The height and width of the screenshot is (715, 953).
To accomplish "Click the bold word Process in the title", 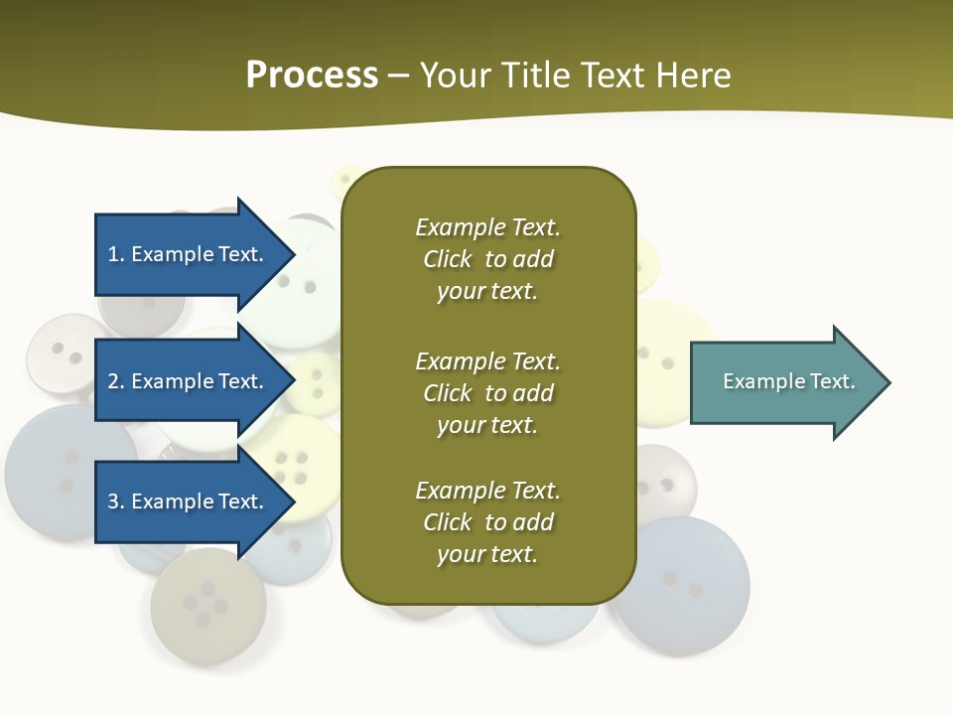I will (x=312, y=75).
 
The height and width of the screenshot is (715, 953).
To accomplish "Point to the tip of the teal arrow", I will (x=887, y=382).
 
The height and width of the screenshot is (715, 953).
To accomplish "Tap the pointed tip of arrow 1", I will (x=292, y=254).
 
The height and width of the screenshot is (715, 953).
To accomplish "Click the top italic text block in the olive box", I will (x=487, y=259).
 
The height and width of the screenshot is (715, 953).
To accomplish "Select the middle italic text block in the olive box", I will (x=487, y=393).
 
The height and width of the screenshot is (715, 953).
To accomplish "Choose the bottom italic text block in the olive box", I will (x=487, y=522).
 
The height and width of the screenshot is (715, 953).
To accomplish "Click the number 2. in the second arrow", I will (x=116, y=381).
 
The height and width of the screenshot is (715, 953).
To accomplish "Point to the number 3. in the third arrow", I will (x=116, y=501).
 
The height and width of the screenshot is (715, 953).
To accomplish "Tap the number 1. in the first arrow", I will (x=115, y=254).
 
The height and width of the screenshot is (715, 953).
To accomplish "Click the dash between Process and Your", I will (x=399, y=75).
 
